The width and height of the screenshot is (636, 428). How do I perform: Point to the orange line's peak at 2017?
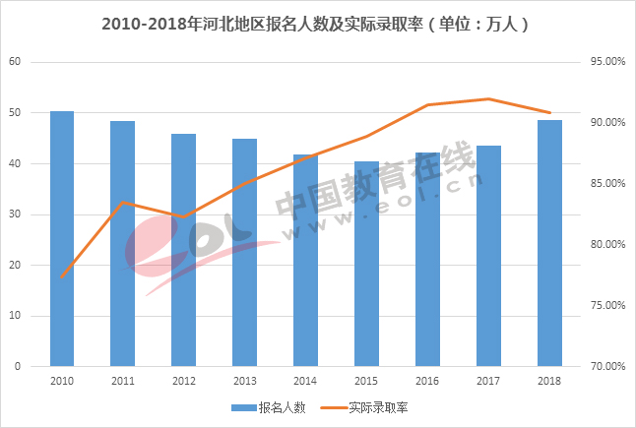point(488,98)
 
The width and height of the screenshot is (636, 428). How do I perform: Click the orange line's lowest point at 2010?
point(62,277)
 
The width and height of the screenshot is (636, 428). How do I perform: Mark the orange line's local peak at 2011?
point(123,202)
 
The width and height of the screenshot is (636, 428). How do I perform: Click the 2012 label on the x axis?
point(184,380)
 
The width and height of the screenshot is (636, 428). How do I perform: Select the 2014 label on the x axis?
point(305,380)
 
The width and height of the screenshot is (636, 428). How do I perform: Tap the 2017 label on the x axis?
point(488,380)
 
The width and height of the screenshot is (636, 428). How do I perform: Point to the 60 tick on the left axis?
point(15,62)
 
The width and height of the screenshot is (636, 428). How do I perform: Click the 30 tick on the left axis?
point(15,214)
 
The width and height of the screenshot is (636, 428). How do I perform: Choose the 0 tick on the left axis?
point(18,366)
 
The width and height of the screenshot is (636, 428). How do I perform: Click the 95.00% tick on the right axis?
point(608,62)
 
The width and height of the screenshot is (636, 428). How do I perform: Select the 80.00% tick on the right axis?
point(608,245)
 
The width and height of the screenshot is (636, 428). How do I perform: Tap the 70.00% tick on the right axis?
point(608,366)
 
